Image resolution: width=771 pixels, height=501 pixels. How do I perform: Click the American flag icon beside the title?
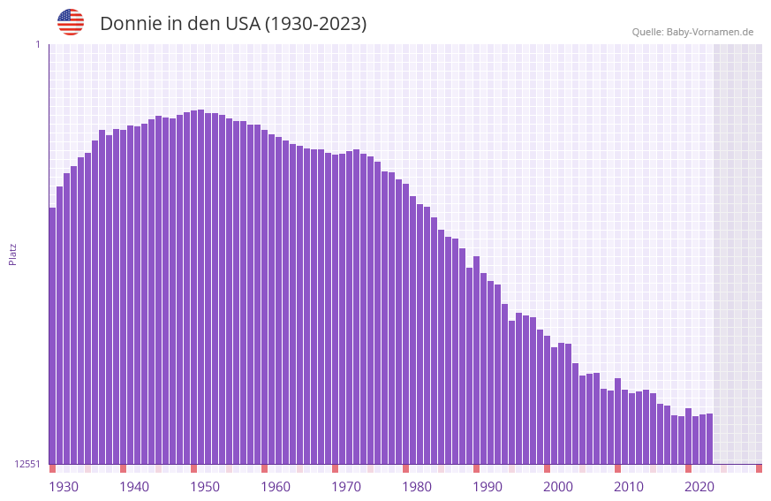[71, 22]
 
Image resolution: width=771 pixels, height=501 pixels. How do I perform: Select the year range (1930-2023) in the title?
[315, 24]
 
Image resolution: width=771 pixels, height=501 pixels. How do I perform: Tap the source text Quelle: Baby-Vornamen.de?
[692, 32]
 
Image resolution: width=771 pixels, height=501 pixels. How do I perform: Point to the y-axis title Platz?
[12, 254]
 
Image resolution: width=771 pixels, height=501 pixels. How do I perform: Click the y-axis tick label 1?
[37, 44]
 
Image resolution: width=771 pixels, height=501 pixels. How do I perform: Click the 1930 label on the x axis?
[64, 487]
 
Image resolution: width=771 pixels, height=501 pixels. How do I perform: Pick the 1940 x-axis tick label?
[134, 487]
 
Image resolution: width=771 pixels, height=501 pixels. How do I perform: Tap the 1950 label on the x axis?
[205, 487]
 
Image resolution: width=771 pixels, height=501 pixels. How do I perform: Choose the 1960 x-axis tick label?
[276, 487]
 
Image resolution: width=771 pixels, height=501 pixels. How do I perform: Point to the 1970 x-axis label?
[346, 487]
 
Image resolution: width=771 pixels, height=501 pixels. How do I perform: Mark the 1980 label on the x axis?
[417, 487]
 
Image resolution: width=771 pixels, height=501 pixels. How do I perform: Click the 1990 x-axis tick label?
[488, 487]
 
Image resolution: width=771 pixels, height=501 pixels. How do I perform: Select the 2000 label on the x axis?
[558, 487]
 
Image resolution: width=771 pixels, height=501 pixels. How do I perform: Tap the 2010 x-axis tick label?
[629, 487]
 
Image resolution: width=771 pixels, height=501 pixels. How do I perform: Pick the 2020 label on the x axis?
[699, 487]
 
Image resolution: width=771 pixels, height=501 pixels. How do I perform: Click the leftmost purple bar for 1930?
[52, 336]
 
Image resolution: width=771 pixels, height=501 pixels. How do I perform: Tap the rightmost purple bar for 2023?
[709, 439]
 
